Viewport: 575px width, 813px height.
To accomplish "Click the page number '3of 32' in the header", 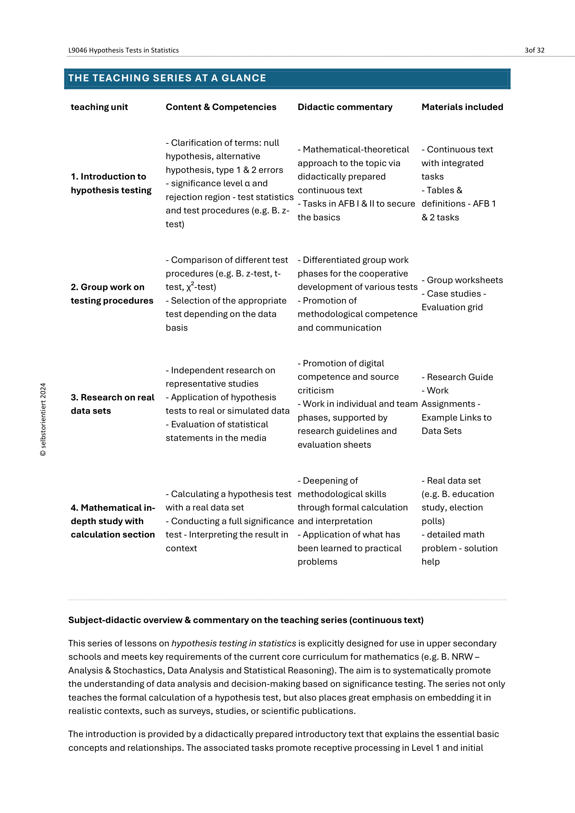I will [534, 50].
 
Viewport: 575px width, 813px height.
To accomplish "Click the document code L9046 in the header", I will [78, 50].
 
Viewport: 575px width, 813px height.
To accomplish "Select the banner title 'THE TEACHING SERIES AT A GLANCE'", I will [167, 78].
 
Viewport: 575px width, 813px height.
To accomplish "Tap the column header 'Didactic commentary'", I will [345, 107].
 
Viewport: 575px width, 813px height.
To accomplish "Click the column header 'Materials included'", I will [462, 107].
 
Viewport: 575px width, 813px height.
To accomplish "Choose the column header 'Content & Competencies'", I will [221, 107].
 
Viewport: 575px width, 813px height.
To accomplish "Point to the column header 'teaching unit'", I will [99, 107].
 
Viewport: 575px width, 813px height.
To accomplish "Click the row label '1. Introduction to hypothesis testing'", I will [111, 184].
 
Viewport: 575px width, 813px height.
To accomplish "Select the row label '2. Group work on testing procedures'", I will [112, 294].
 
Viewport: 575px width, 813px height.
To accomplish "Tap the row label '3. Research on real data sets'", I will [112, 404].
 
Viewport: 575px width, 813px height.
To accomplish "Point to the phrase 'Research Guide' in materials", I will [460, 377].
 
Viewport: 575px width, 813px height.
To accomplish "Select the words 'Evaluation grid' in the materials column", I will [452, 307].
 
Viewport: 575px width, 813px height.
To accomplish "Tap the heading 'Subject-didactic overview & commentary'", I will [246, 620].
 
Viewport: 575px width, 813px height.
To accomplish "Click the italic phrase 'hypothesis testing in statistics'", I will [234, 643].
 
